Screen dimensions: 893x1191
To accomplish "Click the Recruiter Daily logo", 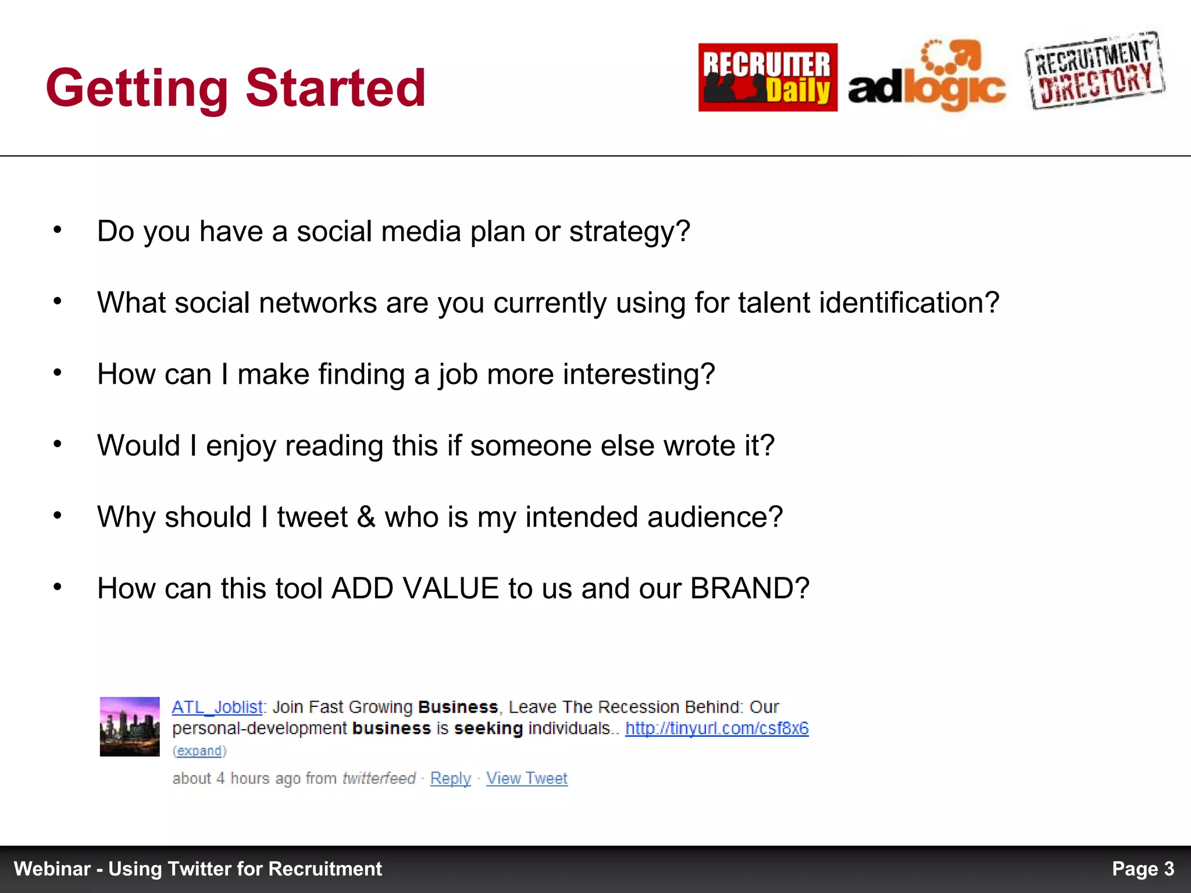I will click(768, 77).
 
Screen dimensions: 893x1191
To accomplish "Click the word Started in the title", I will click(336, 88).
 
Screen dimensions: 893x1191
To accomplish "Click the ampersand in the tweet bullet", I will click(366, 517).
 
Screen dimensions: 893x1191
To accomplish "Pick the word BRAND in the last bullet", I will click(749, 588).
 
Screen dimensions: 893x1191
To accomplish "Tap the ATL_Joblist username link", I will click(217, 708).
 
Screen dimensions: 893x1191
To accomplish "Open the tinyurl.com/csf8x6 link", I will click(716, 728).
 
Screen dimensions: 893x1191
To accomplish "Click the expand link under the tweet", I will click(199, 751).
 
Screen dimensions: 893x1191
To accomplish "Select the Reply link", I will click(451, 778).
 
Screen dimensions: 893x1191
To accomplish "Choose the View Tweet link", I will click(527, 778).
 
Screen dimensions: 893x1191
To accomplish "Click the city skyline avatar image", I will click(130, 727).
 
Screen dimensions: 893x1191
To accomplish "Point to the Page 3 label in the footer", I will click(1143, 869).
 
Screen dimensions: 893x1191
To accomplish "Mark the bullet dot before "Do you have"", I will click(57, 230).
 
